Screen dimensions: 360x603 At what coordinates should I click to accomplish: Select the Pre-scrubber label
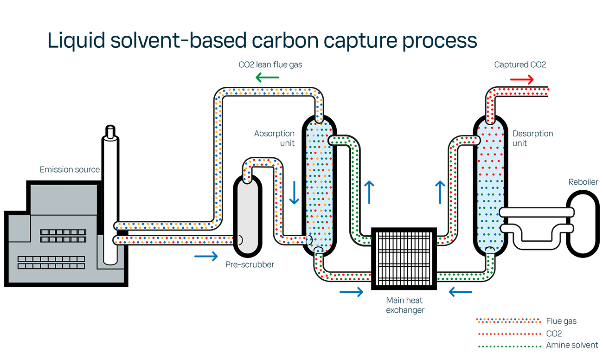click(x=250, y=264)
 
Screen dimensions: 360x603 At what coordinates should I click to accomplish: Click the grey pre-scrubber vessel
click(x=248, y=216)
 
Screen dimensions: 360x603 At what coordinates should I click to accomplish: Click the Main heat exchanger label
click(x=405, y=305)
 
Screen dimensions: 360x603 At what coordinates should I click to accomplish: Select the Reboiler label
click(x=583, y=182)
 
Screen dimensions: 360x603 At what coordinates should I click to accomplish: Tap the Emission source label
click(x=70, y=170)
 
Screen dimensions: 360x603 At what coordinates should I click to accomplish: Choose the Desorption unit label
click(x=532, y=138)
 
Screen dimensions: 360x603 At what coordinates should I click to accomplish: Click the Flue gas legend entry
click(x=561, y=321)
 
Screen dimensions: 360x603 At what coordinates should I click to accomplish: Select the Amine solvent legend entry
click(x=572, y=345)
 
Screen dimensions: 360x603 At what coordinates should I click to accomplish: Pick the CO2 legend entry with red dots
click(x=554, y=333)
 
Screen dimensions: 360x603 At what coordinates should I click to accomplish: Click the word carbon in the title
click(x=288, y=40)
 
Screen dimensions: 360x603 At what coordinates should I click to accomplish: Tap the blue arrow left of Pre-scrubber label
click(x=206, y=256)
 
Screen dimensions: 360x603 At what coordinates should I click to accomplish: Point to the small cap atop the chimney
click(x=110, y=133)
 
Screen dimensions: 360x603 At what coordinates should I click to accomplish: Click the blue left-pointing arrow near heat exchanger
click(x=461, y=292)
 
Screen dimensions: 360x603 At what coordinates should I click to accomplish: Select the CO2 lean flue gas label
click(x=270, y=65)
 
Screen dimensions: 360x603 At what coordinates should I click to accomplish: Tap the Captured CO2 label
click(x=520, y=65)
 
